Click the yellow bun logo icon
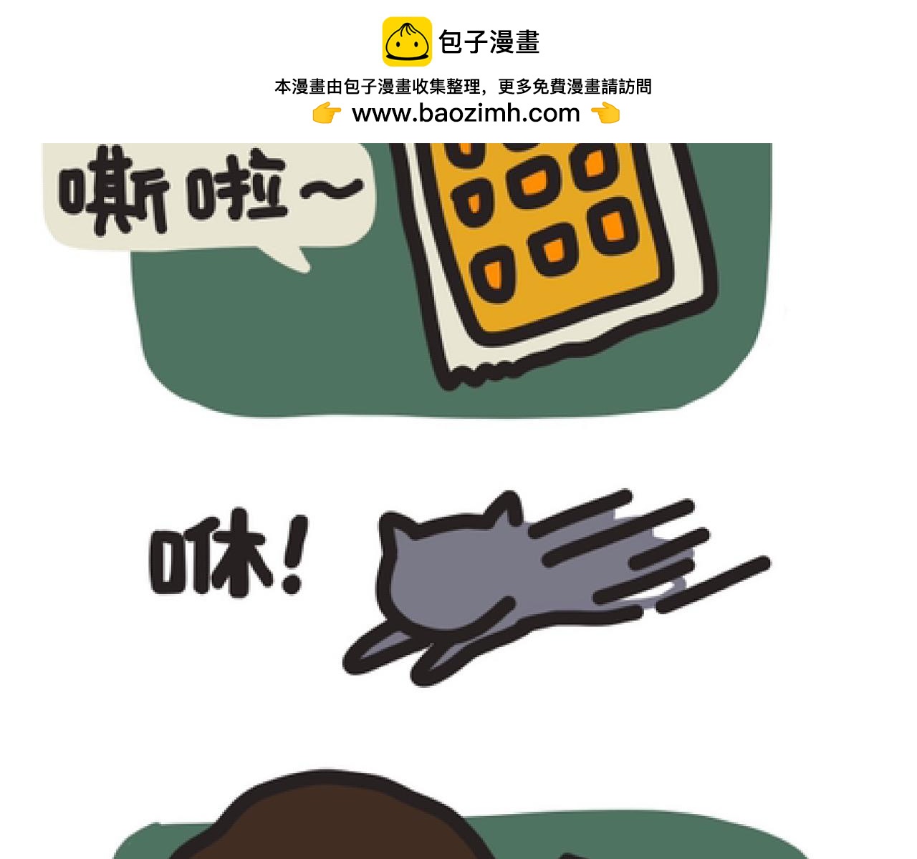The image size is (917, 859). pyautogui.click(x=406, y=42)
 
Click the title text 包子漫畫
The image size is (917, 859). pyautogui.click(x=489, y=42)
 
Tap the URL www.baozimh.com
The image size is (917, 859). pyautogui.click(x=466, y=113)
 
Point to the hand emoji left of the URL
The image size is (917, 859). pyautogui.click(x=327, y=113)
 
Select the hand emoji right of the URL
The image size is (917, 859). pyautogui.click(x=605, y=113)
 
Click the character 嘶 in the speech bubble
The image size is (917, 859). pyautogui.click(x=113, y=190)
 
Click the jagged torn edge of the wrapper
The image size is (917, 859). pyautogui.click(x=494, y=372)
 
